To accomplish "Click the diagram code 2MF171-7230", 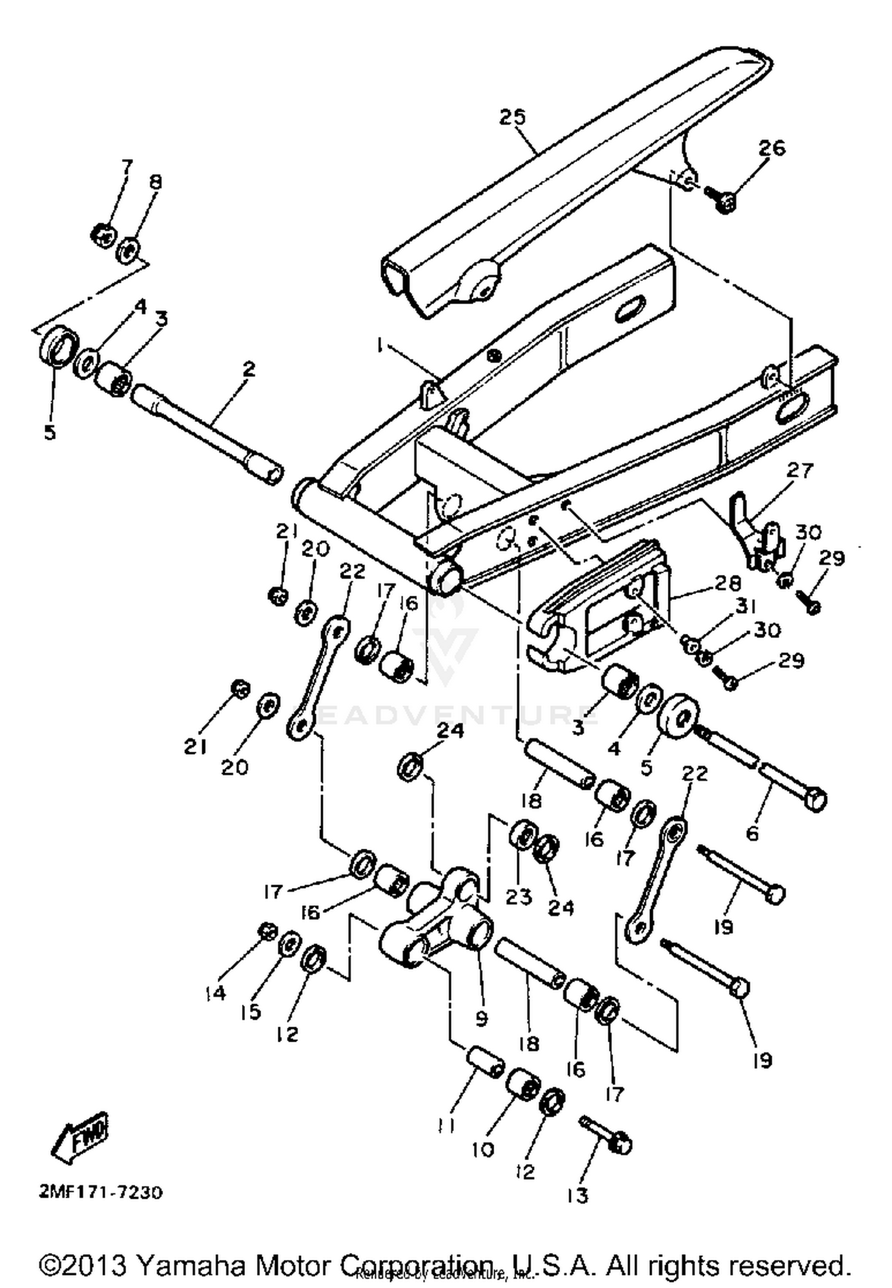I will pos(100,1192).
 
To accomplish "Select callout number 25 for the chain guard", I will pos(513,117).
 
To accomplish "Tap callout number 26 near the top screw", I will pos(771,148).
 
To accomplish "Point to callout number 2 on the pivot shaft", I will pos(249,368).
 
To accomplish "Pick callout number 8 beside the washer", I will pos(155,182).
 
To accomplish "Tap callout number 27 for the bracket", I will pos(799,470).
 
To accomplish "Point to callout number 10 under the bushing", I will pos(482,1149).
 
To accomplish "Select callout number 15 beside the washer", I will pos(252,1011).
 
